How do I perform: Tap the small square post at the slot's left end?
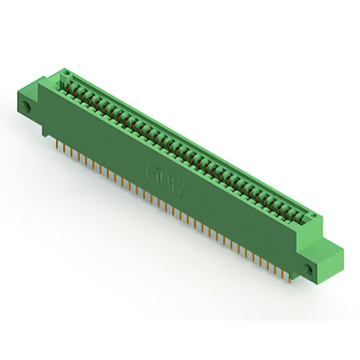(x=65, y=76)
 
